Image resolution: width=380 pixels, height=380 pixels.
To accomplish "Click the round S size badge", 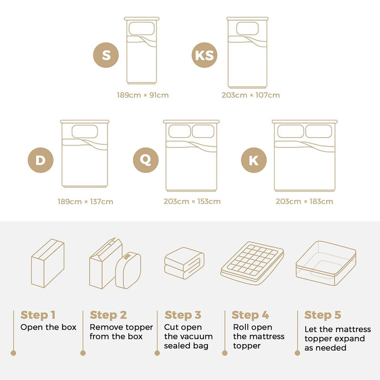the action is click(x=106, y=55).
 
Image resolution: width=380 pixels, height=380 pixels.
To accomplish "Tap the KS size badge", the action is click(x=204, y=55).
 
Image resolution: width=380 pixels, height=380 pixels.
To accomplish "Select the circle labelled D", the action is click(x=41, y=160).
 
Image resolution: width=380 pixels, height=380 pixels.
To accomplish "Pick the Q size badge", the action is click(x=145, y=160).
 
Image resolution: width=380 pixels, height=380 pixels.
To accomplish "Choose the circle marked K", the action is click(x=254, y=160).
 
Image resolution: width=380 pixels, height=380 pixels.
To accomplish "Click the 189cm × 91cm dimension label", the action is click(x=143, y=95).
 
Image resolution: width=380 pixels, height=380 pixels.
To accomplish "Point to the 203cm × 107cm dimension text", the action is click(x=251, y=95).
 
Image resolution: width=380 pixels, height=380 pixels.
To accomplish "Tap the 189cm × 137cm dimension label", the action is click(x=85, y=201).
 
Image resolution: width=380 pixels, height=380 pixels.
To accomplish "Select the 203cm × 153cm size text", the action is click(x=192, y=201).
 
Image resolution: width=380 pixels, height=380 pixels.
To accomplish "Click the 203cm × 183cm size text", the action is click(x=304, y=201).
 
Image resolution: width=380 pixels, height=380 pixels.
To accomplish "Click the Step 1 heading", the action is click(x=38, y=315).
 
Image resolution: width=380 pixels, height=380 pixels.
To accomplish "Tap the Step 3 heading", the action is click(x=183, y=315).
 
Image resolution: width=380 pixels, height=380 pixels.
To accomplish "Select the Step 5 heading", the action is click(x=322, y=315).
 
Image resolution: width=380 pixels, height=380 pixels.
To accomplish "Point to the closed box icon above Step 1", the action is click(x=48, y=263).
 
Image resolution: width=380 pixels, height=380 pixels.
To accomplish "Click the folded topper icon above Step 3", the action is click(x=184, y=263).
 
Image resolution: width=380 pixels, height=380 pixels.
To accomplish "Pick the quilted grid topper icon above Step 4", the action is click(x=252, y=263).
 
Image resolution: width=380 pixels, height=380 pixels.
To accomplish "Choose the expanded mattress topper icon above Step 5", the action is click(x=326, y=263).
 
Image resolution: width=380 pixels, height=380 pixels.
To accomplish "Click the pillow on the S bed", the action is click(x=142, y=28).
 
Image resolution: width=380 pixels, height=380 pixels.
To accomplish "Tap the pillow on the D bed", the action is click(x=85, y=131).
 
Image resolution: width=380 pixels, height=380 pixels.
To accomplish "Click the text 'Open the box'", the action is click(x=48, y=327).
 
